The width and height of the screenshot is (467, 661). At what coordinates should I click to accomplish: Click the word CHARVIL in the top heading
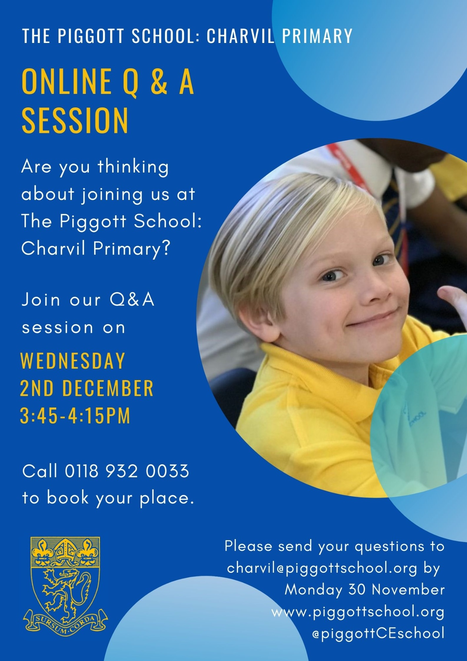240,36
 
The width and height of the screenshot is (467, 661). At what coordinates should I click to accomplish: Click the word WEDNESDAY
73,361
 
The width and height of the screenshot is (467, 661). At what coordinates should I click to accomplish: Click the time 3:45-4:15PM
75,415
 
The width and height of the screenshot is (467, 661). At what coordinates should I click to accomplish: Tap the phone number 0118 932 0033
127,471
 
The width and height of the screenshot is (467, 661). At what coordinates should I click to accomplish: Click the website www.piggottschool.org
358,612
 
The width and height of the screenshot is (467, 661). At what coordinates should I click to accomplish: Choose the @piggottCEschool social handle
378,633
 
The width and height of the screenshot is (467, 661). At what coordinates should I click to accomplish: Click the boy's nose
375,291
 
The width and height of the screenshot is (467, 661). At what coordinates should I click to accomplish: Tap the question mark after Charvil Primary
166,248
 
